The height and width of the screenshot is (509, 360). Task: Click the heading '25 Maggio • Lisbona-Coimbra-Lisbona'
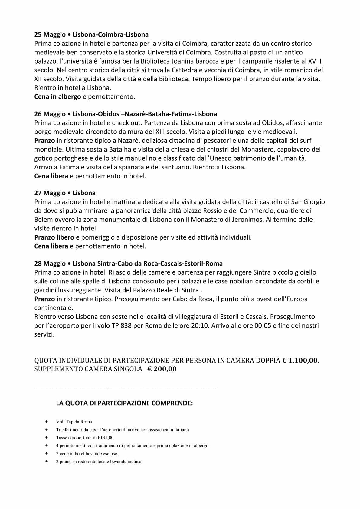point(91,34)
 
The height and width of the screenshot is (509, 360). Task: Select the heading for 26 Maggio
point(126,114)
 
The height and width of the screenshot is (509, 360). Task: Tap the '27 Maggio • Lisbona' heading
point(65,193)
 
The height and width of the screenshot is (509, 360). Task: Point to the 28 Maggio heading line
point(128,263)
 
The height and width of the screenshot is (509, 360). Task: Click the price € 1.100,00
point(301,361)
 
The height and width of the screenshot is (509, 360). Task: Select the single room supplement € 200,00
point(162,369)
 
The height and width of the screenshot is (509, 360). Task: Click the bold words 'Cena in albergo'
point(57,97)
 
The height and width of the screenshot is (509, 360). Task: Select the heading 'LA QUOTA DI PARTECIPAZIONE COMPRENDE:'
point(124,403)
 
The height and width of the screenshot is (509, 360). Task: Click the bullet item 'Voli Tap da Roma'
point(74,422)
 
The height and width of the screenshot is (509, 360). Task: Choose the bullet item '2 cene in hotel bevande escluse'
point(86,454)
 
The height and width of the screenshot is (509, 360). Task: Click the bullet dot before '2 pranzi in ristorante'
point(46,462)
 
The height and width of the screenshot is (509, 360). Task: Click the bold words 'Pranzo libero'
point(54,237)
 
